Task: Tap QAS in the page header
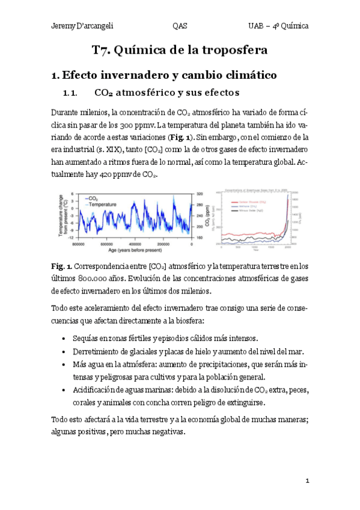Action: tap(179, 26)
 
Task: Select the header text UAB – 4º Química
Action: tap(278, 26)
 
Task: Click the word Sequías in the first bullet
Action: tap(87, 338)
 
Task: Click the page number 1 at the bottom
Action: tap(307, 481)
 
